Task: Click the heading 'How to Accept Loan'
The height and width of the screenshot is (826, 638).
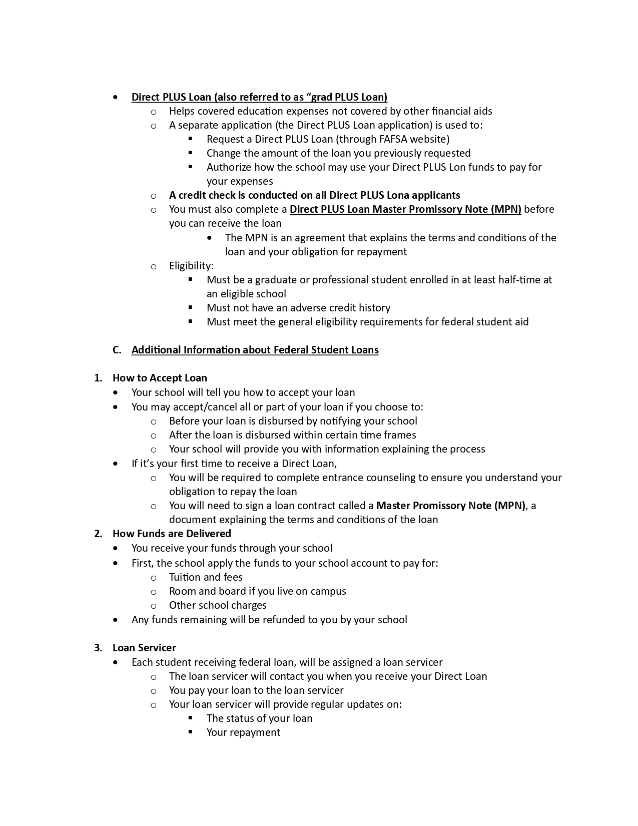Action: [160, 378]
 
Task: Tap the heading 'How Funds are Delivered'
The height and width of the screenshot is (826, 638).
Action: [172, 534]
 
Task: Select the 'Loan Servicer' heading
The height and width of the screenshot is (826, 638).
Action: [144, 648]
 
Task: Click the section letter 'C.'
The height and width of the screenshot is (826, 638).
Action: [117, 350]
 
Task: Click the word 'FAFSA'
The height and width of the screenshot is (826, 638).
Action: [390, 139]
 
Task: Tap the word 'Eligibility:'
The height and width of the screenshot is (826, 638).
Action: [191, 266]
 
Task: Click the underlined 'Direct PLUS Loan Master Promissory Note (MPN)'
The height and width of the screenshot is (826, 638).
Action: [405, 209]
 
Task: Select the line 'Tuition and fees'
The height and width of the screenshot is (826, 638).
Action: [206, 577]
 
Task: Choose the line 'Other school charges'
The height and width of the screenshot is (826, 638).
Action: [218, 605]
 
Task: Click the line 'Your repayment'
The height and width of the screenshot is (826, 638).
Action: [243, 732]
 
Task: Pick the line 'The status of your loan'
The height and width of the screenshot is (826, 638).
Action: [259, 718]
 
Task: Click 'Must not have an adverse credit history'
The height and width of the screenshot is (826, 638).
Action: [298, 308]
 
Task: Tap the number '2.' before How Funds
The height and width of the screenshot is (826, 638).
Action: [98, 534]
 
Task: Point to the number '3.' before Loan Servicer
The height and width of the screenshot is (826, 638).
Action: [98, 648]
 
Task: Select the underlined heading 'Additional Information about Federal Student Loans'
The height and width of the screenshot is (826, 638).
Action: [255, 350]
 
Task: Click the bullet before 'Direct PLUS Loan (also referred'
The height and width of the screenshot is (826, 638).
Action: [116, 97]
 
